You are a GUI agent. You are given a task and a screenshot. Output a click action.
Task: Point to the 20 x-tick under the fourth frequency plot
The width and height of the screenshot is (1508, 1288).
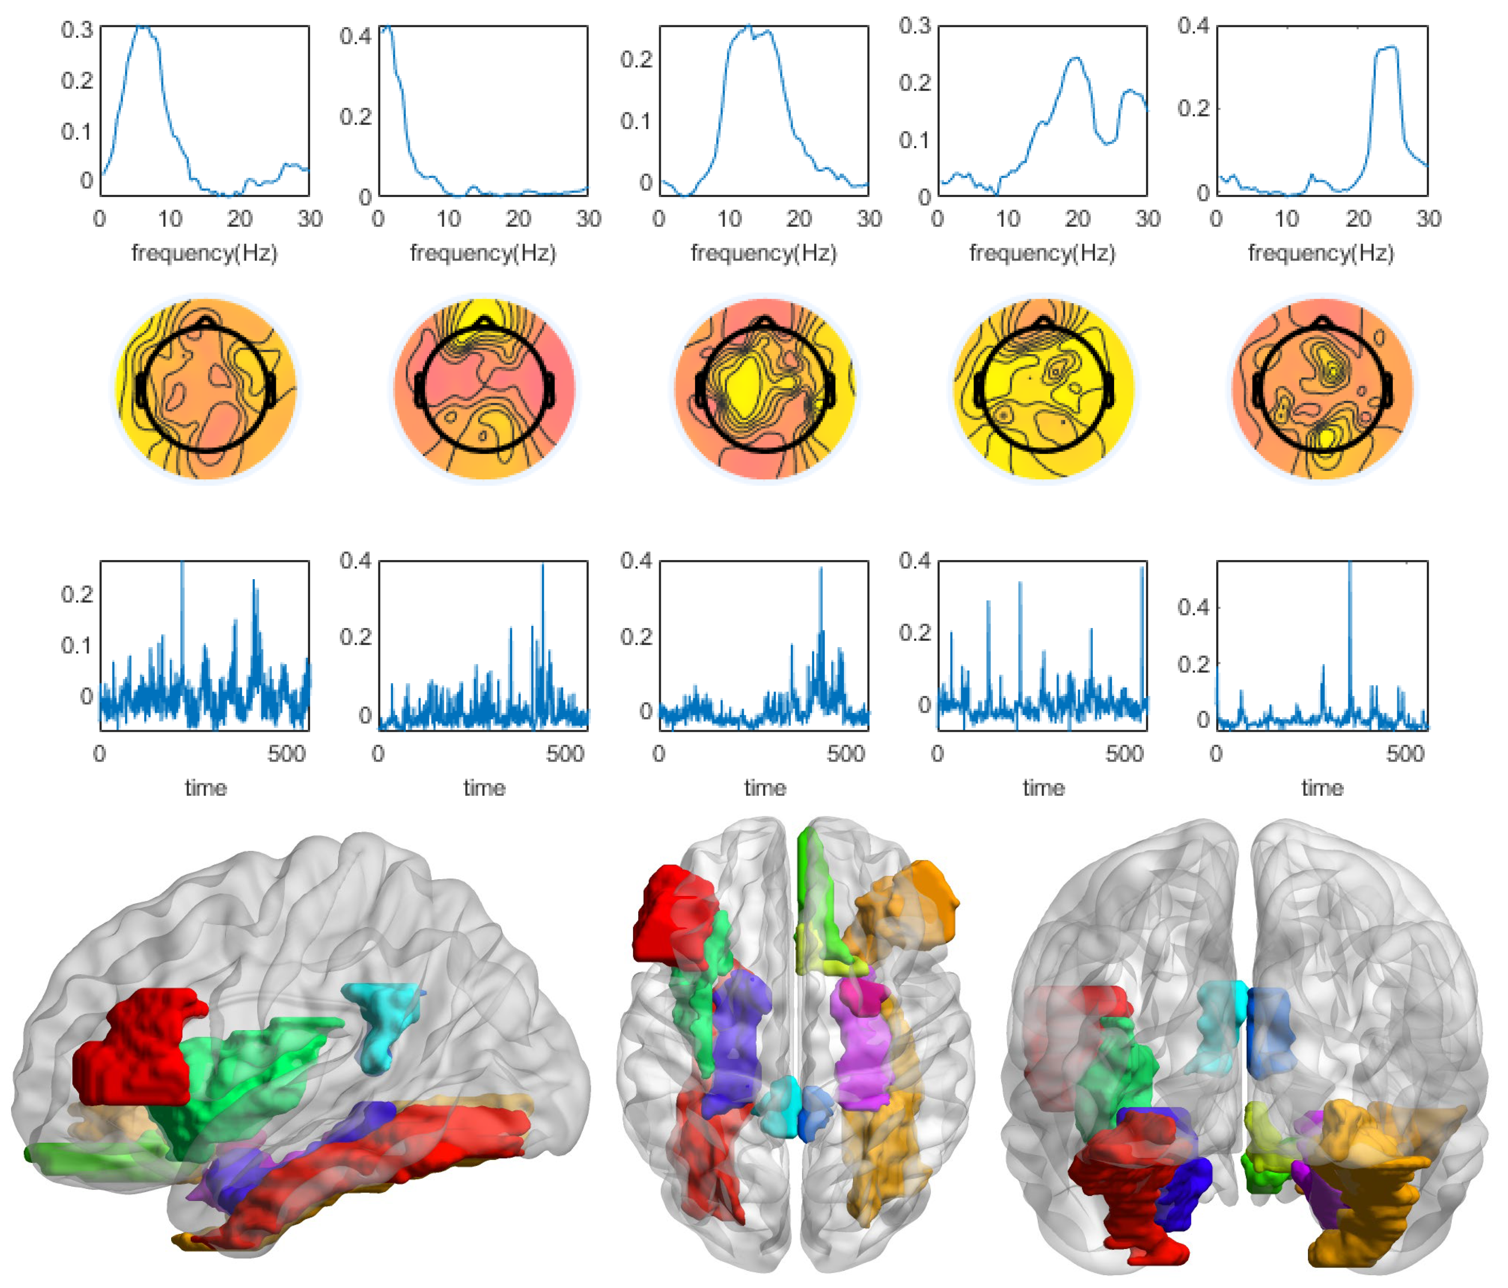[x=1077, y=218]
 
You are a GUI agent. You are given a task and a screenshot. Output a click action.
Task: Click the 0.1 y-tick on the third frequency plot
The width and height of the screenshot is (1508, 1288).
[x=636, y=121]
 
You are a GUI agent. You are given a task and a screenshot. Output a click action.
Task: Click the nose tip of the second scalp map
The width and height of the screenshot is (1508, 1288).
[x=485, y=320]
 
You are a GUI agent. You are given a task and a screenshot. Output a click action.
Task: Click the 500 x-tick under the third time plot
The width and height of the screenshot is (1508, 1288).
[x=846, y=754]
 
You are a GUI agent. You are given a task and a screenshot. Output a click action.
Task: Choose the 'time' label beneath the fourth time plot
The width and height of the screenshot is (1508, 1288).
[x=1043, y=788]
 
